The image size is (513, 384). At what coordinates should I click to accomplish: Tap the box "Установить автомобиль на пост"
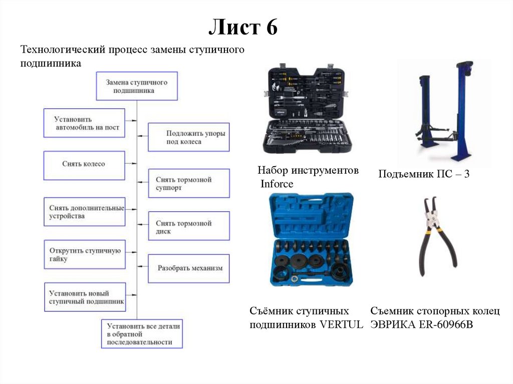(x=84, y=123)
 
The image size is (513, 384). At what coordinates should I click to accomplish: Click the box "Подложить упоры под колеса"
(x=189, y=137)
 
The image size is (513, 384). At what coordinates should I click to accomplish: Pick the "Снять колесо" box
(x=84, y=165)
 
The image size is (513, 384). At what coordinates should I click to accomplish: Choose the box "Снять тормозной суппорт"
(x=189, y=183)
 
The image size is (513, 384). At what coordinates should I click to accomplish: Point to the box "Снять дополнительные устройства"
(x=84, y=212)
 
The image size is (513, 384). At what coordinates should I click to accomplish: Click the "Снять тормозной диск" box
(x=189, y=227)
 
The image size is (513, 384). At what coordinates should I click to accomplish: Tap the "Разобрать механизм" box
(x=189, y=268)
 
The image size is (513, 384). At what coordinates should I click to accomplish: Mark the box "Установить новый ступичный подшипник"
(x=84, y=297)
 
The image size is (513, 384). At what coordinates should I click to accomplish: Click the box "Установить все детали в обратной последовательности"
(x=142, y=333)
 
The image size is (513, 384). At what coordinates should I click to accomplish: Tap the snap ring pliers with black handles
(x=435, y=237)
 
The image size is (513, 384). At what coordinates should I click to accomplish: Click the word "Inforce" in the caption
(x=277, y=184)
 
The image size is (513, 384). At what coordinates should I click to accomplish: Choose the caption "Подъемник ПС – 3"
(x=424, y=175)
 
